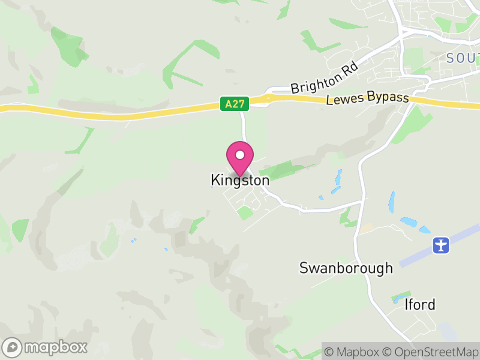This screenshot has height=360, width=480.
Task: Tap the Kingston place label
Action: pos(240,180)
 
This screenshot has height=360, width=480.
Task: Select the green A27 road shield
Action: pos(234,104)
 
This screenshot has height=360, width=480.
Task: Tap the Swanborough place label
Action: pos(346,268)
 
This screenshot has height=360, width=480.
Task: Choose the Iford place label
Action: pos(419,305)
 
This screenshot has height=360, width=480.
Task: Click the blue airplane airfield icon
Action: pos(441,245)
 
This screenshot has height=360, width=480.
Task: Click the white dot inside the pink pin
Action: pos(240,155)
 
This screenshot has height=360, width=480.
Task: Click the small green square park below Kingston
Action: pos(244,212)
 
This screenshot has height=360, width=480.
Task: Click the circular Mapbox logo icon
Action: pos(13,347)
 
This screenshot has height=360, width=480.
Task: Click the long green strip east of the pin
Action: pos(285,170)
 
